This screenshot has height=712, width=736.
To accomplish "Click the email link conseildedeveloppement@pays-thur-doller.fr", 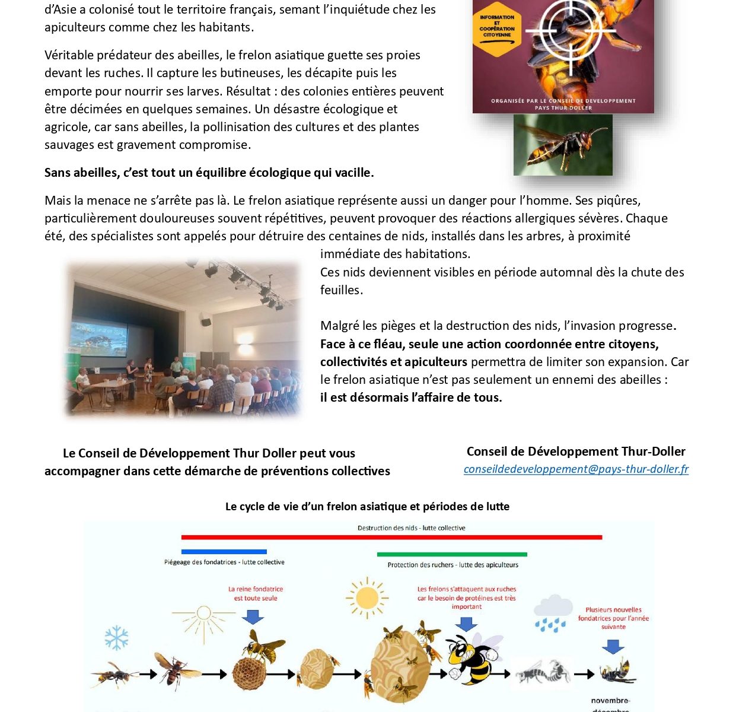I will point(576,469).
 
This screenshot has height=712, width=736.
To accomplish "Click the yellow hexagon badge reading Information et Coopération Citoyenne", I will point(497,27).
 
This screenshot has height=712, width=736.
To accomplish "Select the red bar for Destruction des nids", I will point(391,537).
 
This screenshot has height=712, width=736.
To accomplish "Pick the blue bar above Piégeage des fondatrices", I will point(224,552).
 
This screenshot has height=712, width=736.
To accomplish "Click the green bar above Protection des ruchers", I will point(452,555).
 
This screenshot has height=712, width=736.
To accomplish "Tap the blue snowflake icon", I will point(117,637).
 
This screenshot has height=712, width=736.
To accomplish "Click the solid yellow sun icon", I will point(367,597).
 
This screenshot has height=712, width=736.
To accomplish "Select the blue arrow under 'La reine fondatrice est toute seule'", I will point(253,616).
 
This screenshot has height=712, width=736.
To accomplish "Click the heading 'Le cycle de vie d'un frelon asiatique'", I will point(367,507).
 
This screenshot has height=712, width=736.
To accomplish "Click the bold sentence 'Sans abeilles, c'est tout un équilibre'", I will point(209,173).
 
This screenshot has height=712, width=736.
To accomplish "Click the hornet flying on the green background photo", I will point(563,145).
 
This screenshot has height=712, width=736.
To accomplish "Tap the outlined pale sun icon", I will point(203,614).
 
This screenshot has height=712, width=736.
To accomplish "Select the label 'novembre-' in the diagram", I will point(610,701).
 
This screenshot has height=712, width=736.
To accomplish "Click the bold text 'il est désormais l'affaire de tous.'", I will point(411,398).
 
